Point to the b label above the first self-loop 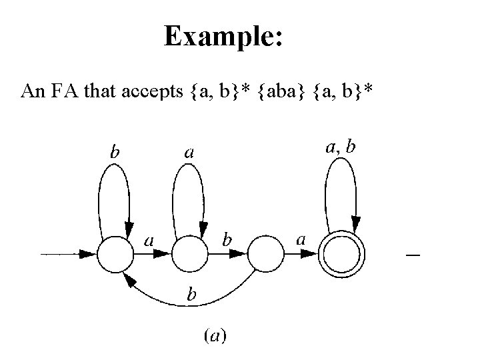(x=115, y=153)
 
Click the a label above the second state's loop (x=189, y=153)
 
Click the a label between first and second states (x=150, y=239)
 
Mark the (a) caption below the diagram (x=214, y=337)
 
